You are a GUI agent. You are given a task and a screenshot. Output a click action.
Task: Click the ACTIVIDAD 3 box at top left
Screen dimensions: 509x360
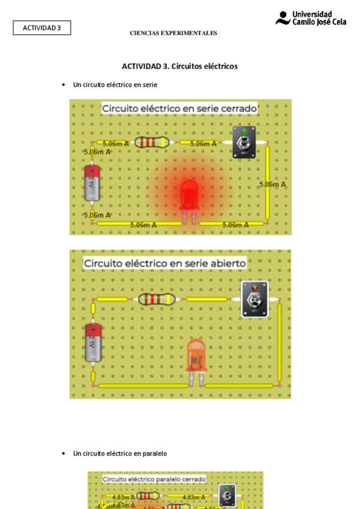[x=42, y=28]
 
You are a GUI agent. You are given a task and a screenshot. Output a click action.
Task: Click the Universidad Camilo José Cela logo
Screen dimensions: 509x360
[x=311, y=18]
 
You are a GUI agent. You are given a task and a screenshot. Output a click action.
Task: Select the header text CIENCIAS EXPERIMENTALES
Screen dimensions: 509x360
[x=173, y=33]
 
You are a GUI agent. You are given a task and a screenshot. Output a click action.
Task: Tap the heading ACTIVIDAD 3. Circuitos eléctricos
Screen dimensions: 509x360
[x=179, y=66]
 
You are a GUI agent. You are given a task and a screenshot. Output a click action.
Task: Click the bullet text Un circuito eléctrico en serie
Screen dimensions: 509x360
[x=115, y=85]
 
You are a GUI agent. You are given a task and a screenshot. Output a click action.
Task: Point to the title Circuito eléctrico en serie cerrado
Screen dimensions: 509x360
[x=179, y=109]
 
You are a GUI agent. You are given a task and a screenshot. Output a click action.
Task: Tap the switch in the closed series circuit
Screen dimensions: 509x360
[x=245, y=143]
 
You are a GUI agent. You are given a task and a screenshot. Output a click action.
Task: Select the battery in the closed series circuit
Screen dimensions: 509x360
[x=92, y=182]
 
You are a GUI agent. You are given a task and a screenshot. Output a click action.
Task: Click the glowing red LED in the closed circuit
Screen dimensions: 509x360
[x=189, y=196]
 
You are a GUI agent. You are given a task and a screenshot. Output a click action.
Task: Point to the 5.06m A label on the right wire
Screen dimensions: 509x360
[x=272, y=184]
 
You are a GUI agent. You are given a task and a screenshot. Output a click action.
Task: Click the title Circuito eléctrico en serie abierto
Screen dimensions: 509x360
[x=165, y=263]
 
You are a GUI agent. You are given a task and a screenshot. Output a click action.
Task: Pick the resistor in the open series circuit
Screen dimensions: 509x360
[x=157, y=299]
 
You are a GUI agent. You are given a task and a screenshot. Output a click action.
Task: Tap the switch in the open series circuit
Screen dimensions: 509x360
[x=254, y=299]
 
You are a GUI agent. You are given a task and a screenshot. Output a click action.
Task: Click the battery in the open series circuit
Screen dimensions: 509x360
[x=93, y=342]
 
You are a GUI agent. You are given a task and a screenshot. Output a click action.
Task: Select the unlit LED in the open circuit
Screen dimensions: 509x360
[x=196, y=357]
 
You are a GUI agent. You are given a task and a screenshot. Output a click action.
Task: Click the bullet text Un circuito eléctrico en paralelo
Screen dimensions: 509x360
[x=120, y=453]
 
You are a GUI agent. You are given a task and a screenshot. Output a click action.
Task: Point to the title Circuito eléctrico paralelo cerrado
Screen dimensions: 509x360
[x=154, y=479]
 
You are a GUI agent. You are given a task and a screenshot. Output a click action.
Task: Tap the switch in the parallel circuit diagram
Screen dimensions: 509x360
[x=227, y=495]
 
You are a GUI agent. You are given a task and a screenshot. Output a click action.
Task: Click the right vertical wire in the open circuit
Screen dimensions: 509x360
[x=280, y=342]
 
